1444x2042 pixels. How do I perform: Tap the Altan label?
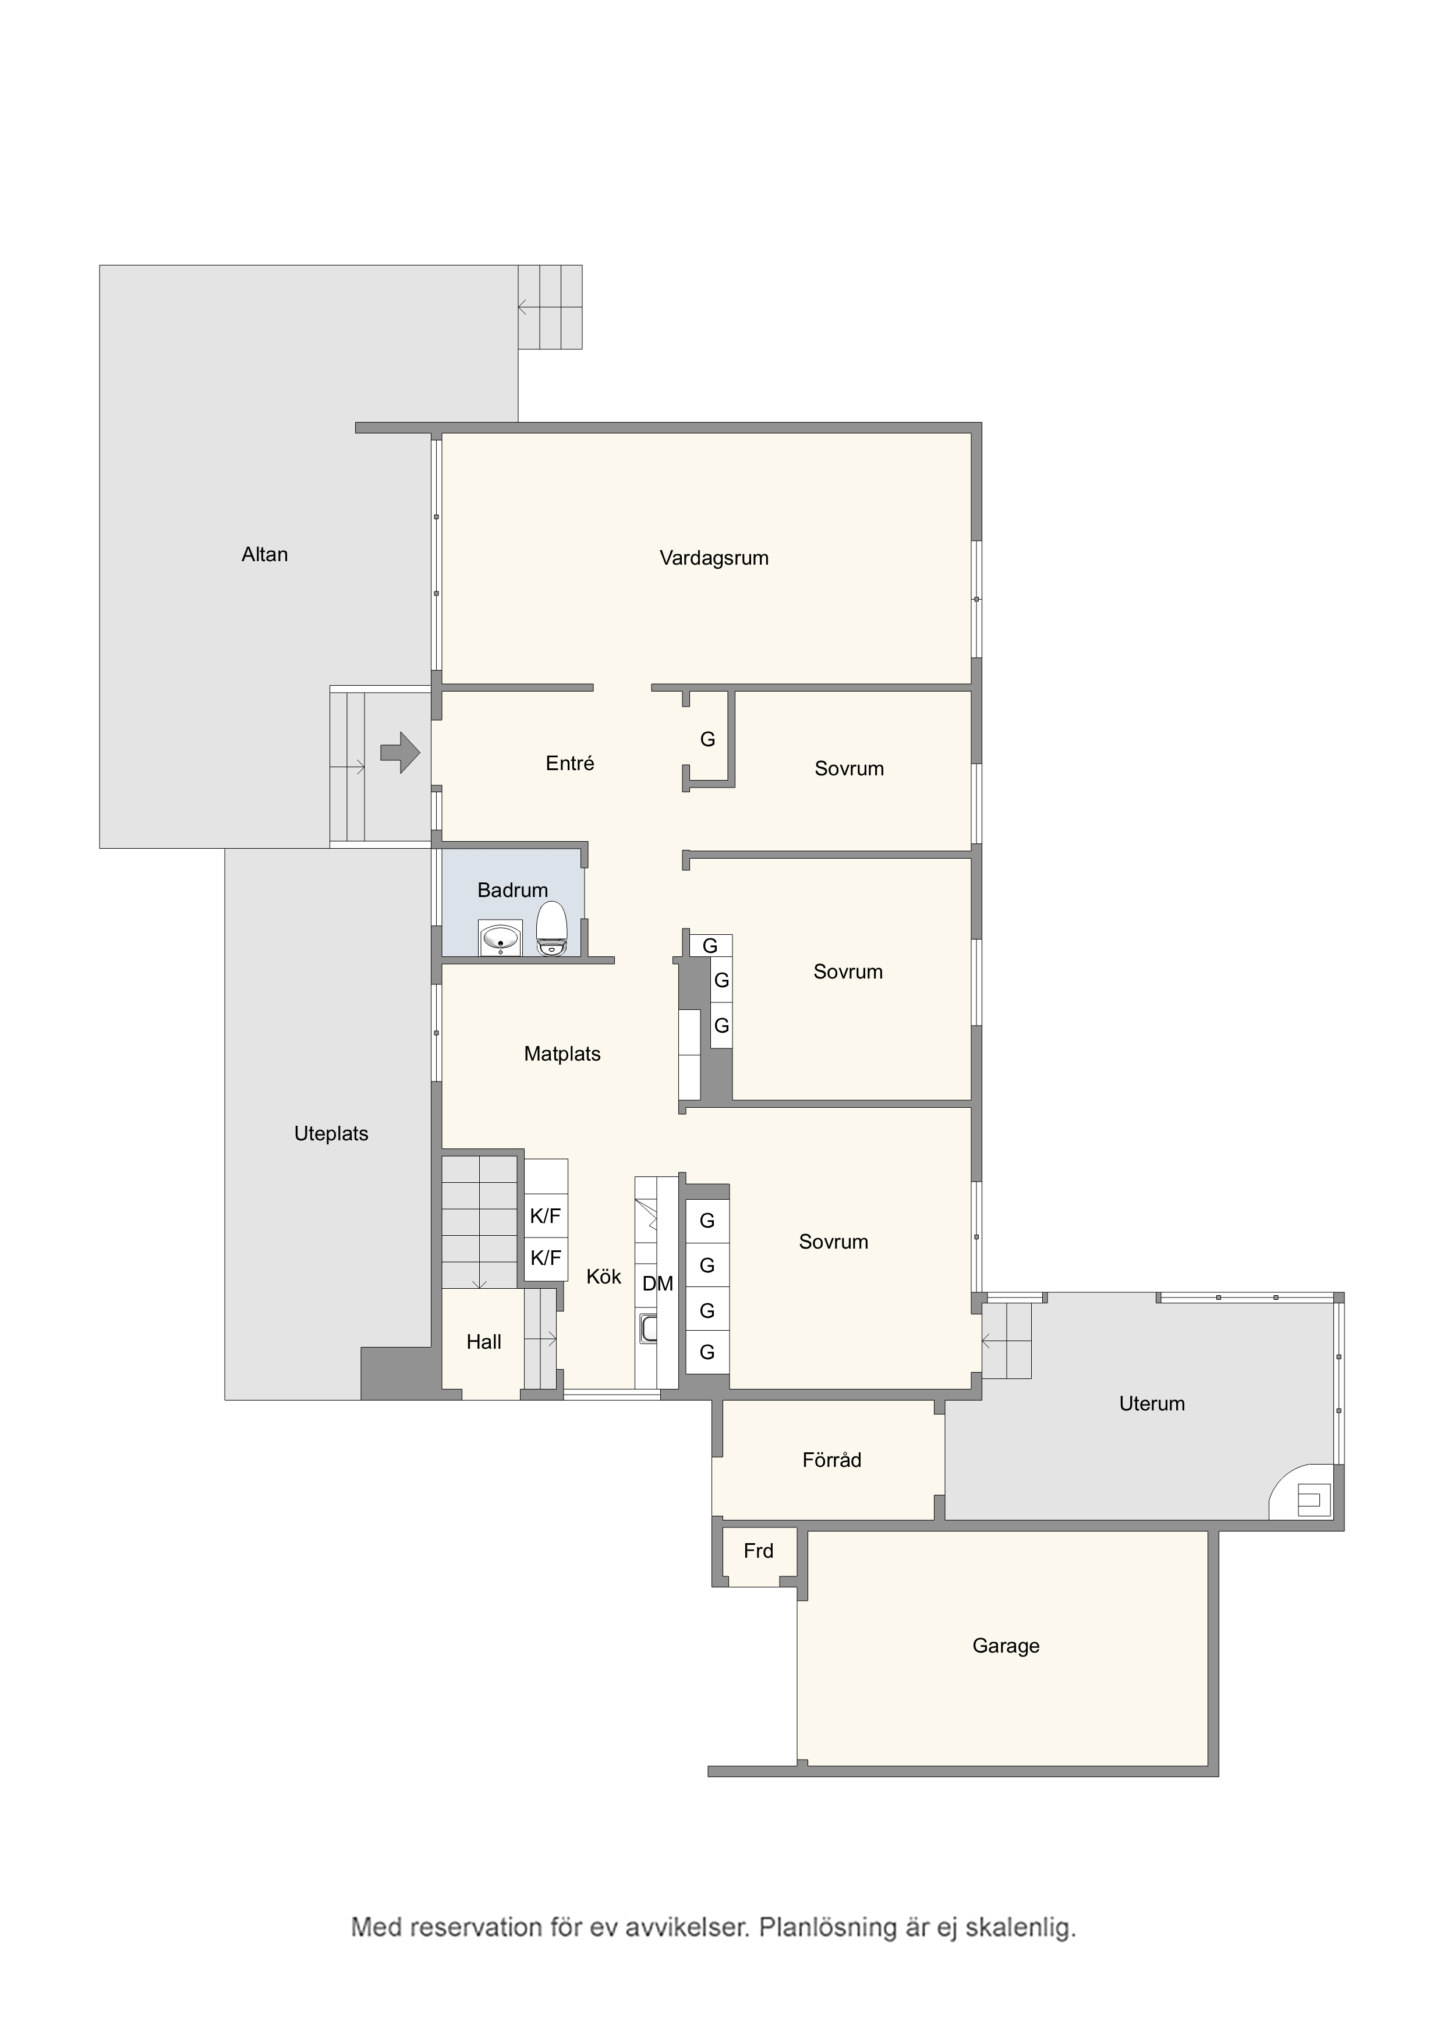coord(264,554)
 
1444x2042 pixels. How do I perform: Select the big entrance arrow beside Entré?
coord(401,753)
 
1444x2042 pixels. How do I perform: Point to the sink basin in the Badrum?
coord(500,938)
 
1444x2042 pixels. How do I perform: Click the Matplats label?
coord(562,1054)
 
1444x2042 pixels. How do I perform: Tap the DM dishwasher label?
coord(657,1284)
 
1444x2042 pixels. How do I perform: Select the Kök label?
coord(603,1277)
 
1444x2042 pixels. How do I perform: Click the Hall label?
coord(484,1342)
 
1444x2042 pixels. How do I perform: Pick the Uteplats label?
coord(331,1134)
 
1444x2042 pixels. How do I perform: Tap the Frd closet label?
coord(758,1551)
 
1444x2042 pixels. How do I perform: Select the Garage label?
coord(1006,1646)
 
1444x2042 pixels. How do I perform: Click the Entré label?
coord(569,763)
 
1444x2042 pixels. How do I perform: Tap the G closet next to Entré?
coord(707,739)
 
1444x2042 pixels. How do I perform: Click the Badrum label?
coord(512,890)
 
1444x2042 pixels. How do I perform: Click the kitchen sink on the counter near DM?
coord(647,1330)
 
